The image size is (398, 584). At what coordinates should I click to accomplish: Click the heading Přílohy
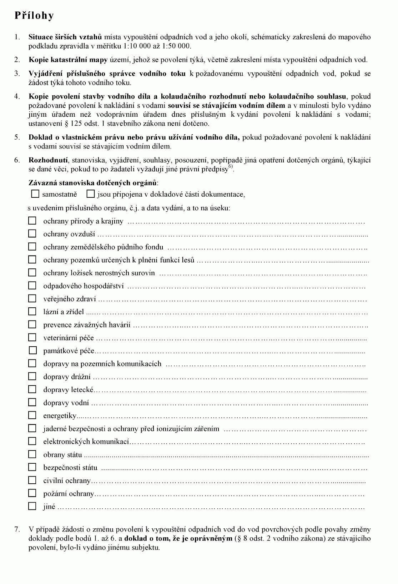coord(34,15)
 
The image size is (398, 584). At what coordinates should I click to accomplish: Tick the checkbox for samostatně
coord(35,194)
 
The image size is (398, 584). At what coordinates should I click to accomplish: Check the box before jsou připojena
coord(91,194)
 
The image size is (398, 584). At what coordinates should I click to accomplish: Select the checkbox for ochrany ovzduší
coord(32,233)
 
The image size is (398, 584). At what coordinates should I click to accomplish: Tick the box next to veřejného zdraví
coord(32,298)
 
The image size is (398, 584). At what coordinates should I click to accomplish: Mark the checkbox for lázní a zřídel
coord(32,311)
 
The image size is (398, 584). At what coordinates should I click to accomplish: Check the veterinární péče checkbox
coord(32,337)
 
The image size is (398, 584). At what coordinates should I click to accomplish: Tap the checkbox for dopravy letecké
coord(32,389)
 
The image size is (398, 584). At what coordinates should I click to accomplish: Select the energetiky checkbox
coord(32,415)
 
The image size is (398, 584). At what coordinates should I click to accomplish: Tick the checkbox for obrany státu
coord(32,454)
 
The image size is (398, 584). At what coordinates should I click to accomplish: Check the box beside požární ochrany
coord(32,493)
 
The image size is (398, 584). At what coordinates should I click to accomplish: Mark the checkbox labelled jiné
coord(32,506)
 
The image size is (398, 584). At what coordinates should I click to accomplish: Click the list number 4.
coord(17,96)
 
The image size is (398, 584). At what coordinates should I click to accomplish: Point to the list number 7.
coord(17,529)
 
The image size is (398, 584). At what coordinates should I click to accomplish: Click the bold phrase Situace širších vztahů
coord(65,37)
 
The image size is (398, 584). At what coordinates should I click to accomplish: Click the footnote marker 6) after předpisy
coord(231,167)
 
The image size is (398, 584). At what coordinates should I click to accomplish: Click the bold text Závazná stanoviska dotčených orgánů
coord(92,183)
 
